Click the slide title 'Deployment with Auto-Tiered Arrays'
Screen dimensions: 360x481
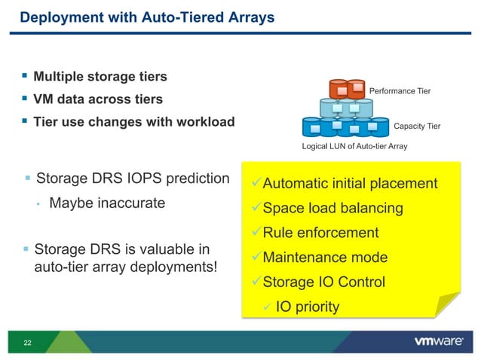(x=146, y=17)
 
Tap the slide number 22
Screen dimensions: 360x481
(x=28, y=343)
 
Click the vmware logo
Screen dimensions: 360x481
(x=438, y=342)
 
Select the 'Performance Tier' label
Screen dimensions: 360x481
(x=400, y=91)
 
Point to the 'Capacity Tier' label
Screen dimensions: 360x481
(x=417, y=127)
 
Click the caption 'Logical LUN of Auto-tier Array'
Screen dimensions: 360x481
(x=354, y=146)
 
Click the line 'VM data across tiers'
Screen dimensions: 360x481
(x=97, y=99)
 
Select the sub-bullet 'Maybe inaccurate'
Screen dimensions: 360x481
(x=106, y=203)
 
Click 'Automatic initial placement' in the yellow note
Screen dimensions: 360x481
(x=350, y=183)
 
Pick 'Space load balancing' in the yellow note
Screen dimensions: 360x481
(x=332, y=208)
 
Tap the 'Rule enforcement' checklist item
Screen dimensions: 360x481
(x=320, y=233)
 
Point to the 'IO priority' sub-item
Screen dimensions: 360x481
(x=307, y=307)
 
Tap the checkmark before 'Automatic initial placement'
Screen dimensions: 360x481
(x=255, y=183)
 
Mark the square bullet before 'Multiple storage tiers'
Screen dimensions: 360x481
(x=25, y=76)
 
